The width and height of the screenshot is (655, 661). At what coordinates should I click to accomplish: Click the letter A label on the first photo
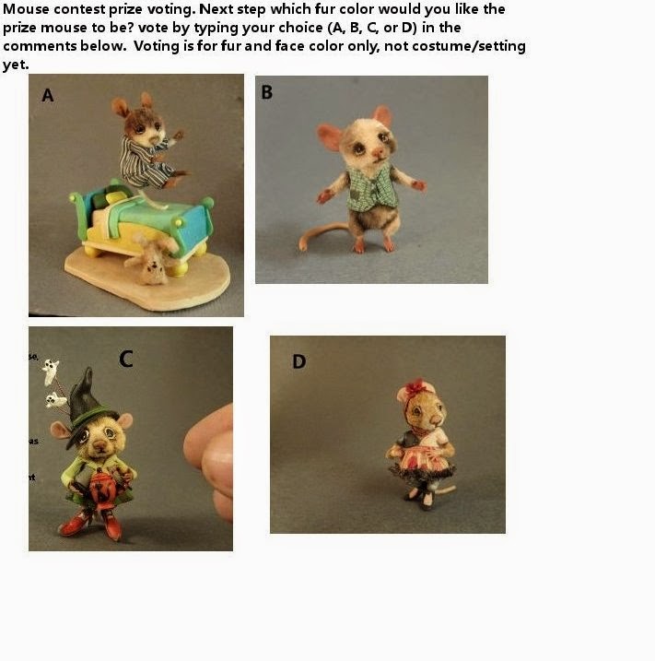[x=48, y=94]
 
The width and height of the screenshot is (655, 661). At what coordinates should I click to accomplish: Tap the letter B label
[x=267, y=92]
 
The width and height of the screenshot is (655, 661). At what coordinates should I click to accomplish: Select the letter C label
[x=127, y=358]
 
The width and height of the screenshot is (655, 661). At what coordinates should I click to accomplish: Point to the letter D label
[x=298, y=361]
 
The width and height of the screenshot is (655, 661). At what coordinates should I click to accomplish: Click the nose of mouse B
[x=354, y=158]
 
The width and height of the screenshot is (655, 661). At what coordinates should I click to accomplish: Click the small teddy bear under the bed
[x=151, y=262]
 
